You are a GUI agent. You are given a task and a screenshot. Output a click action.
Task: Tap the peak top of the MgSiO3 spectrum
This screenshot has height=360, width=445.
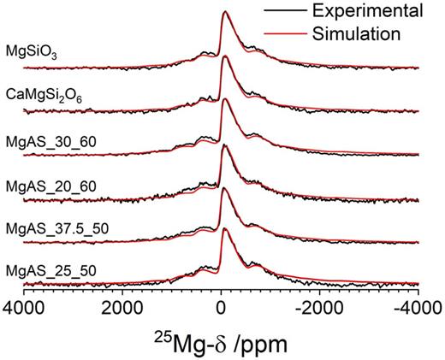tap(224, 13)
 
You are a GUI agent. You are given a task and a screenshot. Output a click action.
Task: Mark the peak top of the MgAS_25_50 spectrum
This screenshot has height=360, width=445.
tap(224, 233)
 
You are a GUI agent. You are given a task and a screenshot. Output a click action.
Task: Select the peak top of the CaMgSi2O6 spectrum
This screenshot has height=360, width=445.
tap(224, 56)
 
